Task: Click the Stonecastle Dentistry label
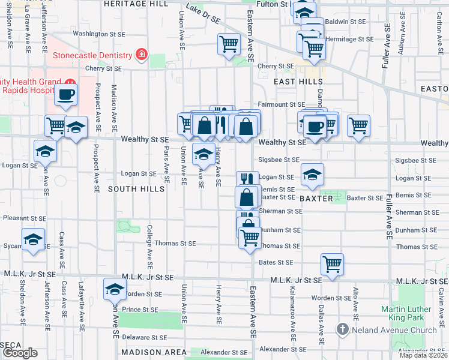pos(92,55)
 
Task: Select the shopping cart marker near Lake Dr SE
pos(229,44)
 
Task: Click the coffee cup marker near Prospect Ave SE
pos(66,95)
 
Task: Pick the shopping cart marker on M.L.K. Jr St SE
pos(332,264)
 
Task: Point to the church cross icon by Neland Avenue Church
pos(342,329)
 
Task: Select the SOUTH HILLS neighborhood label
pos(136,189)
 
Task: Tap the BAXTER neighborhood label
pos(316,198)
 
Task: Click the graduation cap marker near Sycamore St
pos(34,240)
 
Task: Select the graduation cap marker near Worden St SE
pos(115,289)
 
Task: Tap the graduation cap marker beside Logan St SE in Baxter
pos(312,175)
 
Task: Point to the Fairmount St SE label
pos(282,104)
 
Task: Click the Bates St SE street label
pos(276,262)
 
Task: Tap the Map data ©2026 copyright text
pos(424,355)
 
